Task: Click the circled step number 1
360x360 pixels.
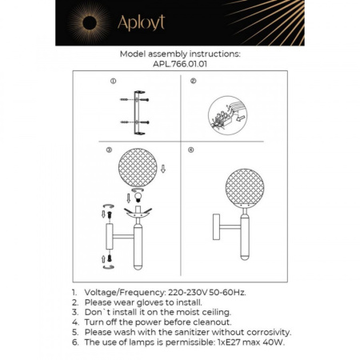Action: tap(114, 82)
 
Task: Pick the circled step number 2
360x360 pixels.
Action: tap(193, 82)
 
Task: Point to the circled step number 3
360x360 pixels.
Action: tap(110, 150)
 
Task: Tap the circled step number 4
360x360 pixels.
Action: tap(190, 150)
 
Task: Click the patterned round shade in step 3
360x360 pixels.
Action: tap(135, 170)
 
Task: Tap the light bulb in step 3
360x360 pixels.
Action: tap(137, 196)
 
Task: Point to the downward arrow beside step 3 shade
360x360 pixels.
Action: tap(163, 169)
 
